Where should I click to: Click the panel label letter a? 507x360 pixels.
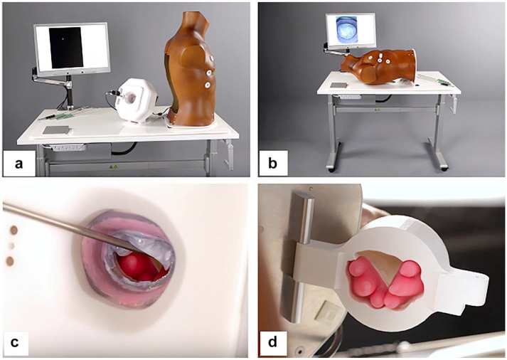pyautogui.click(x=18, y=164)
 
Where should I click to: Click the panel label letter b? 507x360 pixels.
pyautogui.click(x=272, y=164)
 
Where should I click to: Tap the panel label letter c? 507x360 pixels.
pyautogui.click(x=14, y=342)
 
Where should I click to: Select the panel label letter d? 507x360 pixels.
pyautogui.click(x=272, y=342)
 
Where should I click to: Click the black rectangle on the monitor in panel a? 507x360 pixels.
pyautogui.click(x=66, y=48)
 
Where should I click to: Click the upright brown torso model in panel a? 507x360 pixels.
pyautogui.click(x=191, y=70)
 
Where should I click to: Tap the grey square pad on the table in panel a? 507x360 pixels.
pyautogui.click(x=56, y=130)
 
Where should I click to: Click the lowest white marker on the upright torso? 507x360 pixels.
pyautogui.click(x=207, y=85)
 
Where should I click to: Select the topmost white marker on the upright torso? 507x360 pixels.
pyautogui.click(x=213, y=59)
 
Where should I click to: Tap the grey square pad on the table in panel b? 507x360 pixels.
pyautogui.click(x=338, y=85)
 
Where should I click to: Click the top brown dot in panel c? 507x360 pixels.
pyautogui.click(x=14, y=230)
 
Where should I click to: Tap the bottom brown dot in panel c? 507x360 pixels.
pyautogui.click(x=11, y=260)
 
